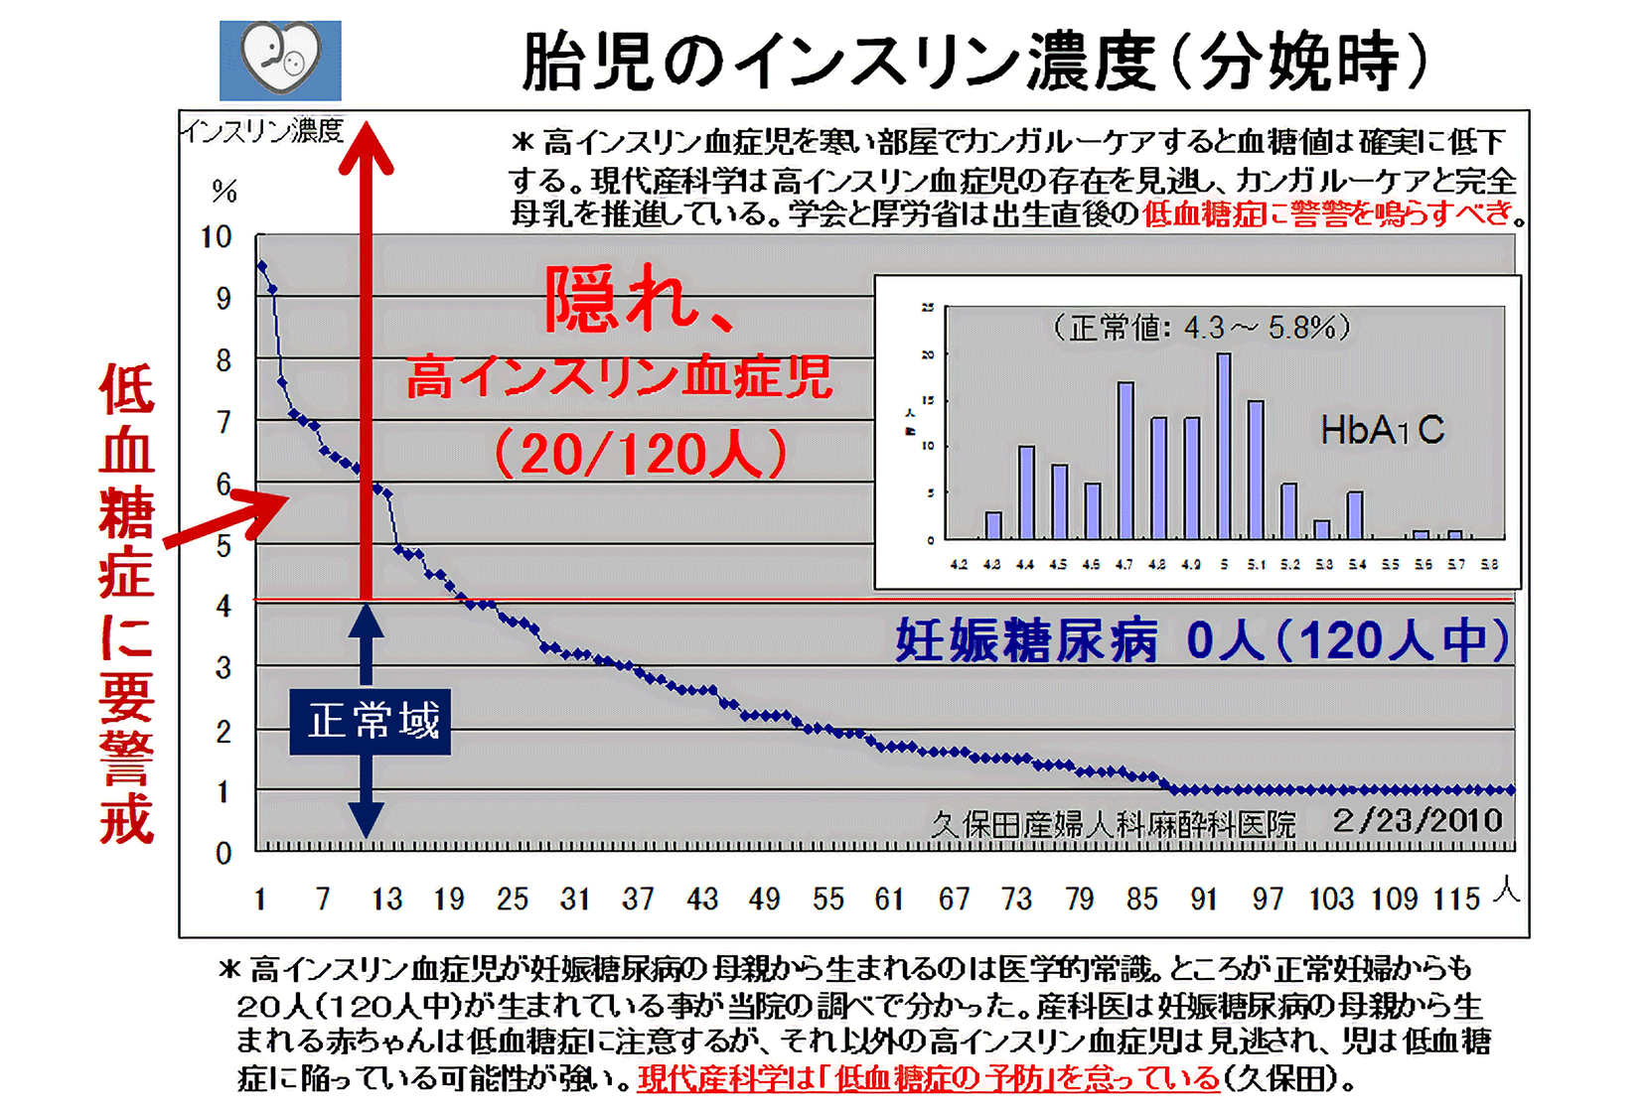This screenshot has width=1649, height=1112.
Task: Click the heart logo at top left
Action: coord(280,61)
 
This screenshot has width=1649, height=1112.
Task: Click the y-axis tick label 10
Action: coord(216,237)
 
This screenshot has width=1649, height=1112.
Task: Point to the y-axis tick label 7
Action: coord(224,422)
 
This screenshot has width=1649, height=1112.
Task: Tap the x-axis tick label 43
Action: coord(702,900)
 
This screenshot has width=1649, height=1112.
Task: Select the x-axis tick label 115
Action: coord(1456,900)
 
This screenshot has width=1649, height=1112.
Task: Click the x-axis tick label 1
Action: coord(259,900)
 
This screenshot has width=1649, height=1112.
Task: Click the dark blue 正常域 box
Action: coord(371,722)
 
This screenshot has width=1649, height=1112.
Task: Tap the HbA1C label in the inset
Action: coord(1382,430)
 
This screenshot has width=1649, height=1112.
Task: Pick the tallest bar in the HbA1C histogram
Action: coord(1224,447)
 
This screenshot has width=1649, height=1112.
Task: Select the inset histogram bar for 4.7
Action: coord(1125,461)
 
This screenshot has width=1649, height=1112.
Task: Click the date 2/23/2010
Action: coord(1418,820)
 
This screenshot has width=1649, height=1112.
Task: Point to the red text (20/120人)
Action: coord(641,455)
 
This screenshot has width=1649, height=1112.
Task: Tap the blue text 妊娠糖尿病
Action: coord(1027,640)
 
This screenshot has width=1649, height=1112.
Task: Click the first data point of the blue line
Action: coord(261,265)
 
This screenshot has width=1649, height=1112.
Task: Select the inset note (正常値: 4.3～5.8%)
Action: coord(1202,327)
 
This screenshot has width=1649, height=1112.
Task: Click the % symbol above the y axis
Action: coord(225,191)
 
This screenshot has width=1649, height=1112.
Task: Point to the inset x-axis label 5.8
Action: coord(1489,565)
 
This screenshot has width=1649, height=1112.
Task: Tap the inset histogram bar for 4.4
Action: coord(1026,492)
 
